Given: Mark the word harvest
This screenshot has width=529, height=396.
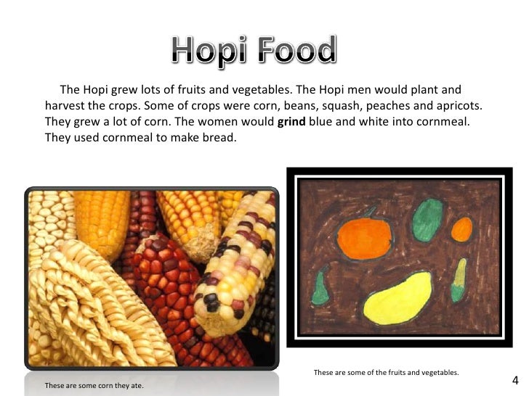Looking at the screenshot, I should [65, 106].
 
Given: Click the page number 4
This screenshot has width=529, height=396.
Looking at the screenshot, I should [514, 381].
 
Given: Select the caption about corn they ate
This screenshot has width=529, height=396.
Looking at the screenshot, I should [94, 385].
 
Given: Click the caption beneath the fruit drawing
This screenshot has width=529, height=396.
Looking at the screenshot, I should [386, 373].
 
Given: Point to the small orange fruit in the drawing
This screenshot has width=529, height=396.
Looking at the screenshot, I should [461, 230].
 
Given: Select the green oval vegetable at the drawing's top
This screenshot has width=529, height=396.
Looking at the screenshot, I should [427, 218].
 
